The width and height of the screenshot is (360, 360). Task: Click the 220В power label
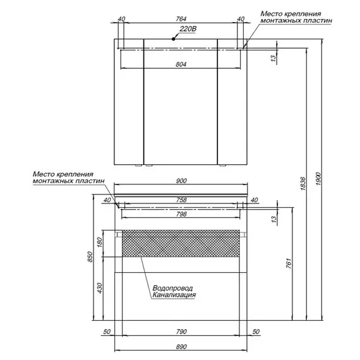click(188, 29)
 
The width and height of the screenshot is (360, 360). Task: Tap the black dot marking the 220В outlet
click(173, 39)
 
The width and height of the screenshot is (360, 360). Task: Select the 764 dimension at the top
click(181, 19)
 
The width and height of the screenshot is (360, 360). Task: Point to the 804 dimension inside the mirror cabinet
click(181, 64)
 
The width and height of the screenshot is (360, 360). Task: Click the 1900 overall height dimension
click(318, 179)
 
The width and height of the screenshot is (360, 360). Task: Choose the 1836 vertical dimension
click(303, 184)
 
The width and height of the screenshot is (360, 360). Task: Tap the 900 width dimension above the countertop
click(181, 181)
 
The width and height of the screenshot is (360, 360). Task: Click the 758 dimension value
click(181, 200)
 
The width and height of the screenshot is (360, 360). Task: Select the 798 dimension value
click(181, 214)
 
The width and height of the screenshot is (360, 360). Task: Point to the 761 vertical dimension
click(289, 263)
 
